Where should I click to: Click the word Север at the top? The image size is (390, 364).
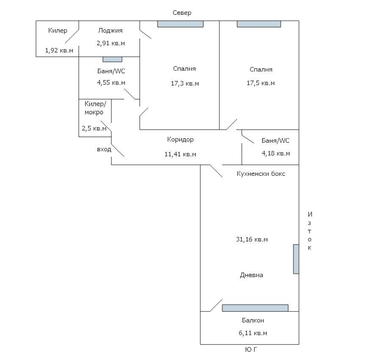point(182,13)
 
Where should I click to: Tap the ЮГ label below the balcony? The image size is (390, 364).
point(251,350)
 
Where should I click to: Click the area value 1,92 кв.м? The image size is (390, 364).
point(59,50)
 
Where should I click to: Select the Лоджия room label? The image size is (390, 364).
point(110,30)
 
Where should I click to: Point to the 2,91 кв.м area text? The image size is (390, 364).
point(111,43)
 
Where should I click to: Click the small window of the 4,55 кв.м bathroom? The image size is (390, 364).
point(112,59)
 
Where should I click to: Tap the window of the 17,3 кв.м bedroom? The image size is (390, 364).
point(180,24)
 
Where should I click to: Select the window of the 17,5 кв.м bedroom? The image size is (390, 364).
point(259,24)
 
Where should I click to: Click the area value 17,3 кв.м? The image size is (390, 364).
point(185,83)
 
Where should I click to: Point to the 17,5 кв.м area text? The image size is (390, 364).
point(260,83)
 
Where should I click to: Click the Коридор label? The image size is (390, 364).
point(180,139)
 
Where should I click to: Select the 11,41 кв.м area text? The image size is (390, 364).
point(180,154)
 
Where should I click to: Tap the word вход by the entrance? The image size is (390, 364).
point(104,149)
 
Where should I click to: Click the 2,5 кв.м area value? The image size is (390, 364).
point(94,128)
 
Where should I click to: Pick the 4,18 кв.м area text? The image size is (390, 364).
point(276,153)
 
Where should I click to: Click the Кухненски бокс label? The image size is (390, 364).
point(261,174)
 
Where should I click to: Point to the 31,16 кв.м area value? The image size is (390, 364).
point(252,239)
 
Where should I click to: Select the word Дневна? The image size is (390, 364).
point(252,275)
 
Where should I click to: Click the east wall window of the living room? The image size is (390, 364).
point(296,259)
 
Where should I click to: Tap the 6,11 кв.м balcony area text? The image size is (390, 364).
point(253,333)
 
